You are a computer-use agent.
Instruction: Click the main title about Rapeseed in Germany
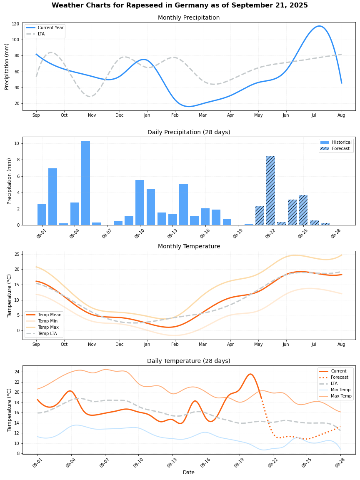pyautogui.click(x=180, y=5)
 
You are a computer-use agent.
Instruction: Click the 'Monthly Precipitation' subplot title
pyautogui.click(x=189, y=18)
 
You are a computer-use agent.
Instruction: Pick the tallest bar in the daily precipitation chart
pyautogui.click(x=85, y=183)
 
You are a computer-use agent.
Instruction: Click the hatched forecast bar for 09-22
pyautogui.click(x=270, y=191)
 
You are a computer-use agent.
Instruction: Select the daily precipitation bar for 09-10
pyautogui.click(x=140, y=202)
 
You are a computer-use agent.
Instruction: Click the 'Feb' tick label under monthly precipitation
pyautogui.click(x=175, y=115)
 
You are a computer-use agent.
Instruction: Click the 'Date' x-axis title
pyautogui.click(x=189, y=472)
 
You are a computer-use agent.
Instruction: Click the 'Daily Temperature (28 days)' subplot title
pyautogui.click(x=189, y=361)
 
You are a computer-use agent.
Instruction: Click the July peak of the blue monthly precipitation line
pyautogui.click(x=319, y=26)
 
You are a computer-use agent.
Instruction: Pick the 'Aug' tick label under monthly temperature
pyautogui.click(x=341, y=345)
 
